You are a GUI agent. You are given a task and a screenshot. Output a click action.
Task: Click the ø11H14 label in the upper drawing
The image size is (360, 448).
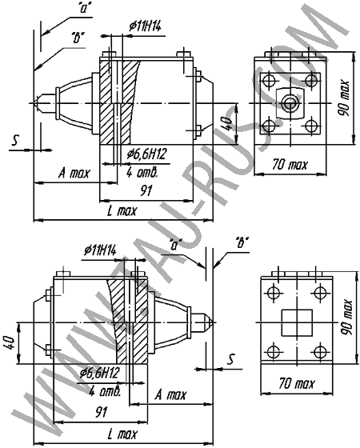click(145, 26)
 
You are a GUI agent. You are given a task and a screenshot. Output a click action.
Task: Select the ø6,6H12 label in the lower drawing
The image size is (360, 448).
click(99, 373)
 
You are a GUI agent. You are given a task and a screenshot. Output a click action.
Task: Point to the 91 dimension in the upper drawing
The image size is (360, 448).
click(146, 190)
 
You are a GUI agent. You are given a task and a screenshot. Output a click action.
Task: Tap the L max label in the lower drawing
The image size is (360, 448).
click(122, 434)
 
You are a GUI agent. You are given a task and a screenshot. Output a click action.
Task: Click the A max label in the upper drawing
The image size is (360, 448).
click(74, 173)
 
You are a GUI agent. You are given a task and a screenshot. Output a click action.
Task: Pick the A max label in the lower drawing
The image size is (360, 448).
click(170, 395)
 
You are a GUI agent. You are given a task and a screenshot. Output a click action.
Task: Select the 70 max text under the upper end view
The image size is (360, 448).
click(290, 165)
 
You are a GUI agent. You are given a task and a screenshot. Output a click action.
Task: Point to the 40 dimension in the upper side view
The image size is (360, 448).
click(229, 123)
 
